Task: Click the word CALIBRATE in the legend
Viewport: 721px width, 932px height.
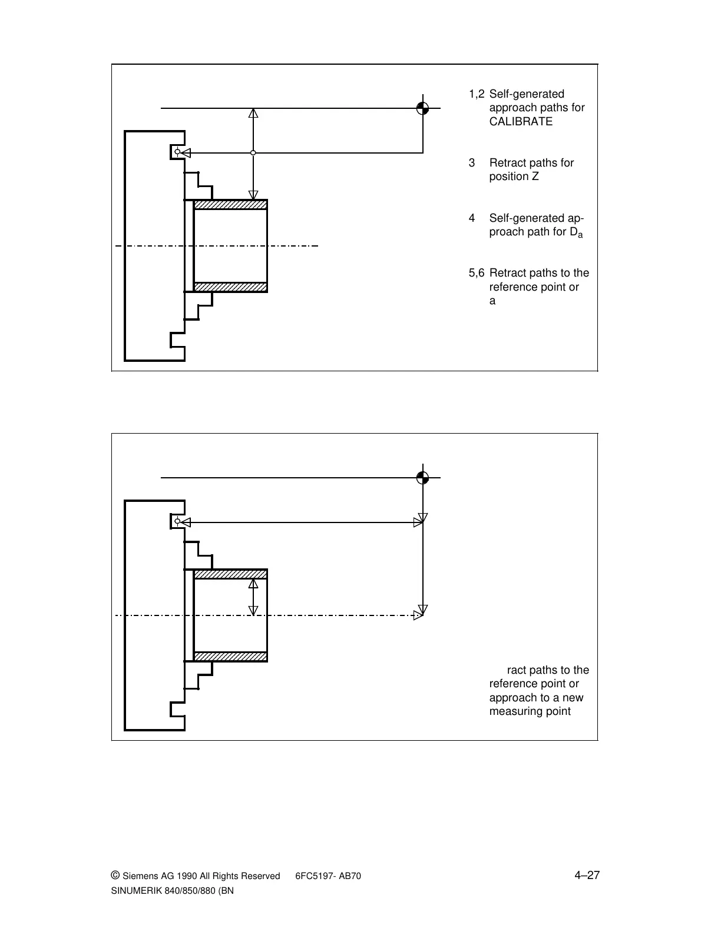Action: click(x=521, y=122)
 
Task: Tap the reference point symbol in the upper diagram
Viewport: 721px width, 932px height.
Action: click(x=422, y=108)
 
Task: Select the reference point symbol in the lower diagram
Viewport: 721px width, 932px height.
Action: click(x=422, y=477)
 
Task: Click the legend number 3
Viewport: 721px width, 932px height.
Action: click(x=472, y=163)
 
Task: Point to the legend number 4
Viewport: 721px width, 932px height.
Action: click(x=472, y=218)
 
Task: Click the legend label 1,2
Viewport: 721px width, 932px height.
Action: click(x=477, y=94)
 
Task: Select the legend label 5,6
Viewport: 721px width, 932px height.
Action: click(x=477, y=273)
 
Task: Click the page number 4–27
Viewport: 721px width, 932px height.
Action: click(x=587, y=875)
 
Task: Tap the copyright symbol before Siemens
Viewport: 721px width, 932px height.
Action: click(x=115, y=876)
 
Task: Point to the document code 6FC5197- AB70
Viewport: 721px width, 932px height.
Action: click(x=328, y=876)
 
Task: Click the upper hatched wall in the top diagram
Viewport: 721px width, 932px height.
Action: click(x=230, y=205)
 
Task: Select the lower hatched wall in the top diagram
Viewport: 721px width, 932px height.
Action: click(x=230, y=287)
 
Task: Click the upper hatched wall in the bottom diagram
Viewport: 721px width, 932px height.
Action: click(x=230, y=574)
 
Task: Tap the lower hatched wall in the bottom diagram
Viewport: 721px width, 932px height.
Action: click(x=230, y=656)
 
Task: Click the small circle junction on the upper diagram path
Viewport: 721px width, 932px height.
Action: click(x=253, y=153)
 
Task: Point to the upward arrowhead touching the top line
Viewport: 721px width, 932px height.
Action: click(x=253, y=113)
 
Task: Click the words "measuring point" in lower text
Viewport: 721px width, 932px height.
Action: click(x=530, y=711)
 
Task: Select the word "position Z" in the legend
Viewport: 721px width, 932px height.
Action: click(x=514, y=177)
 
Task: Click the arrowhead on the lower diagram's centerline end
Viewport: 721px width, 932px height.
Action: click(x=418, y=615)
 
